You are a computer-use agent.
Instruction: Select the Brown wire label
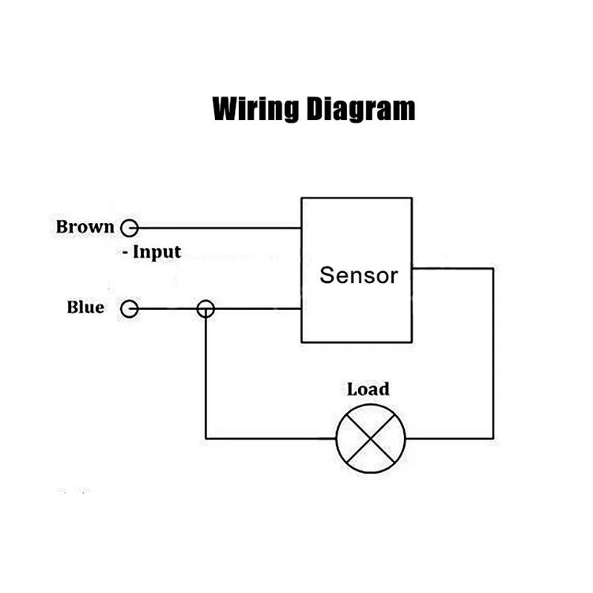click(x=85, y=227)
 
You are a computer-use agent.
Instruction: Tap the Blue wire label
click(x=85, y=307)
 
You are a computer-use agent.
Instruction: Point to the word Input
click(x=157, y=252)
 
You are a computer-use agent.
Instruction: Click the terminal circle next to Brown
click(x=129, y=229)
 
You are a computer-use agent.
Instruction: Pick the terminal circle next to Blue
click(x=129, y=308)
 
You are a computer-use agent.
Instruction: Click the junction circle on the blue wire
click(x=206, y=308)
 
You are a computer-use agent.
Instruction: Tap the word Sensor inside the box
click(x=358, y=275)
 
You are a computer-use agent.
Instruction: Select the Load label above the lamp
click(x=368, y=389)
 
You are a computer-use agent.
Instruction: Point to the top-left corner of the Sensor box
click(x=301, y=198)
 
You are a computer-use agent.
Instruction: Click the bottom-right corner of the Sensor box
click(x=412, y=342)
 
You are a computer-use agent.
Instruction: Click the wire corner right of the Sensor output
click(x=493, y=268)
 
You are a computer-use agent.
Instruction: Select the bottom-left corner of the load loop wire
click(x=206, y=438)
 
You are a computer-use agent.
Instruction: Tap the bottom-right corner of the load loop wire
click(x=493, y=438)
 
